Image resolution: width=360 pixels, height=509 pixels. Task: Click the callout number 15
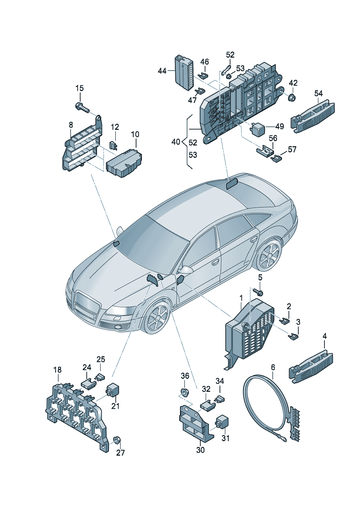point(79,88)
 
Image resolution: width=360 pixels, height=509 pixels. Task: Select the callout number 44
point(162,71)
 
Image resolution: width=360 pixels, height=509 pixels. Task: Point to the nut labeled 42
point(292,98)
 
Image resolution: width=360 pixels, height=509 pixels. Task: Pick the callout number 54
point(318,93)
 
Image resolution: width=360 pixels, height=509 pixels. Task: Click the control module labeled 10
point(124,163)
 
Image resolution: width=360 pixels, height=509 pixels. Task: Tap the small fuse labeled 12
point(114,145)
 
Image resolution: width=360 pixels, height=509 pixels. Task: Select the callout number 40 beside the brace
point(176,142)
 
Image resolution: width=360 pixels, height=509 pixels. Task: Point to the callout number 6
point(273,367)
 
